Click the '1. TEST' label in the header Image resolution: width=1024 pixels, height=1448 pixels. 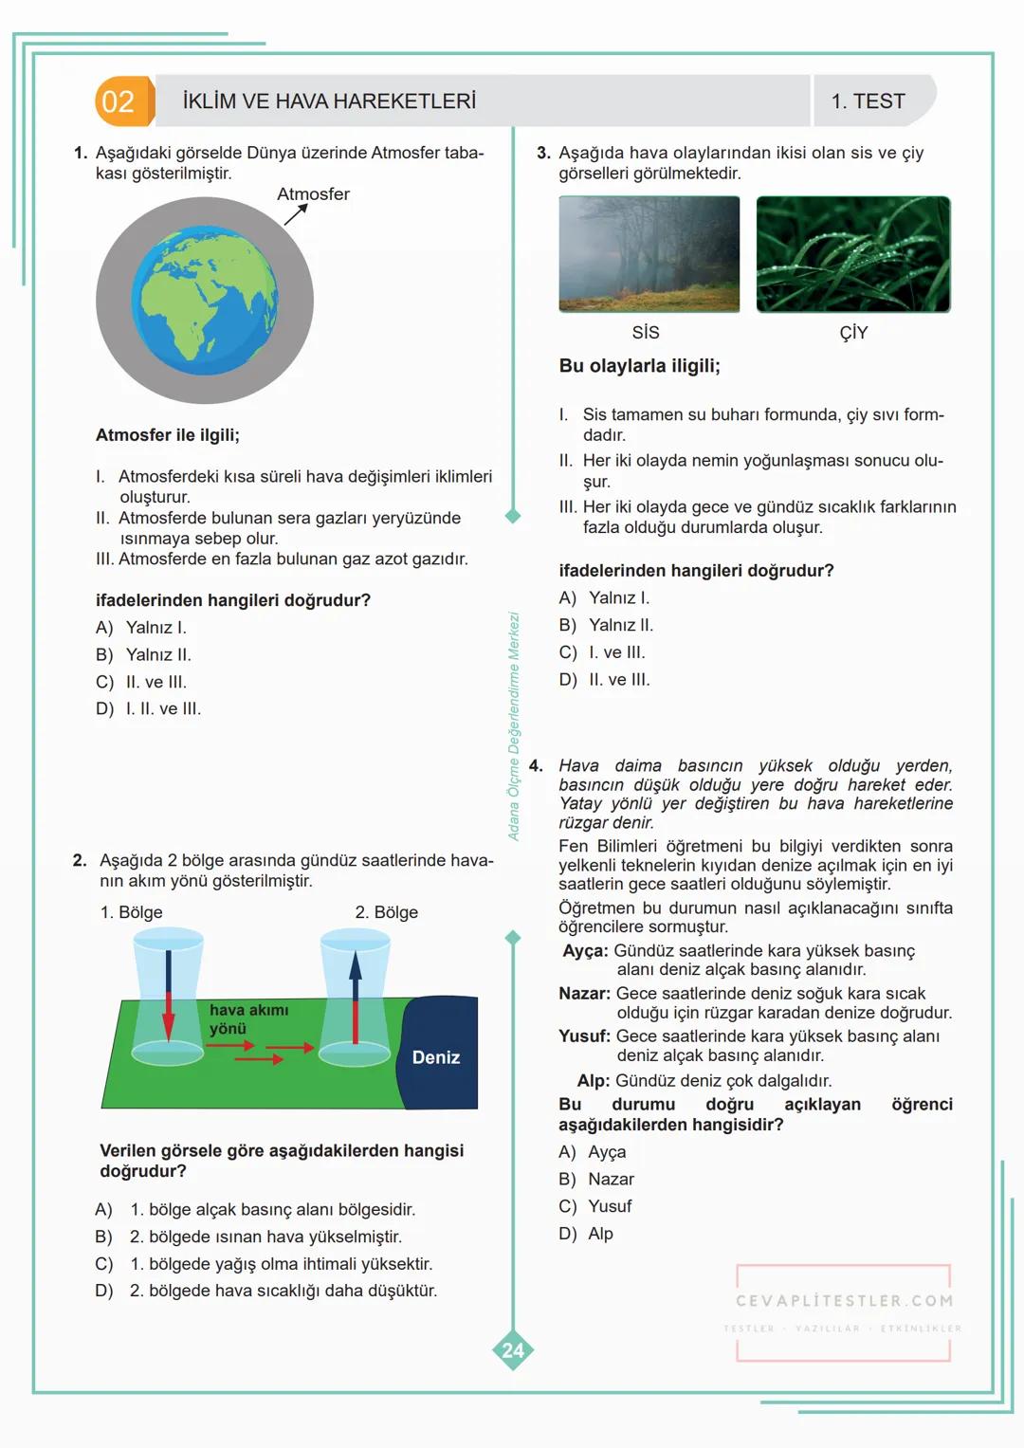click(x=868, y=101)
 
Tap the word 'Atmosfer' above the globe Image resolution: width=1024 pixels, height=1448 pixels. click(x=313, y=193)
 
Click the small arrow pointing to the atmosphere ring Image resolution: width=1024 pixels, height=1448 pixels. click(x=296, y=214)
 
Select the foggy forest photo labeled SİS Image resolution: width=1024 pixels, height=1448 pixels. click(x=649, y=254)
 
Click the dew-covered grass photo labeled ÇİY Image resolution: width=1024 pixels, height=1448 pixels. click(x=853, y=254)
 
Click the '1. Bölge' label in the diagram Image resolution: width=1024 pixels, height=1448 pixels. click(x=131, y=912)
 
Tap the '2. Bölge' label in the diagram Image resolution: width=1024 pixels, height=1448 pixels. click(x=386, y=912)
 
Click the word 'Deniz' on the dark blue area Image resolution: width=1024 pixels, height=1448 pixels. click(x=435, y=1057)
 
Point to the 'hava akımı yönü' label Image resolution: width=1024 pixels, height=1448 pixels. click(x=248, y=1019)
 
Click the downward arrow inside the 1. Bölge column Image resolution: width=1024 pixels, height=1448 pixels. click(x=169, y=996)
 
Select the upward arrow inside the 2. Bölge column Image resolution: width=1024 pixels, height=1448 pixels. click(x=356, y=996)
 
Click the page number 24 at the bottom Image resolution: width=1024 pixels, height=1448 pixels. click(x=513, y=1350)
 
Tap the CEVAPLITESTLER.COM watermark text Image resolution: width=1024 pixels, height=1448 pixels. click(x=844, y=1301)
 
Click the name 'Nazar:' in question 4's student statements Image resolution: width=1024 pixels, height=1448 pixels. click(x=584, y=994)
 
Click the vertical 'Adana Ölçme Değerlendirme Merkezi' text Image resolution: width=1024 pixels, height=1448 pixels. click(x=514, y=726)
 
